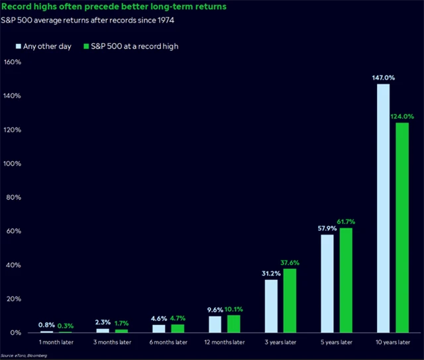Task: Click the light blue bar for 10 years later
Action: tap(383, 208)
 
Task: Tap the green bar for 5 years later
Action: tap(346, 280)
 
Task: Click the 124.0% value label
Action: tap(402, 117)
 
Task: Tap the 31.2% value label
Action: tap(272, 273)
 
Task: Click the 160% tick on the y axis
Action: tap(13, 62)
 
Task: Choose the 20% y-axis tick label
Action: tap(15, 299)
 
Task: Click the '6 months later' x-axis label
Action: tap(168, 342)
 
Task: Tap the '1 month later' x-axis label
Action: tap(56, 342)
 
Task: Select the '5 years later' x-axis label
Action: tap(337, 342)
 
